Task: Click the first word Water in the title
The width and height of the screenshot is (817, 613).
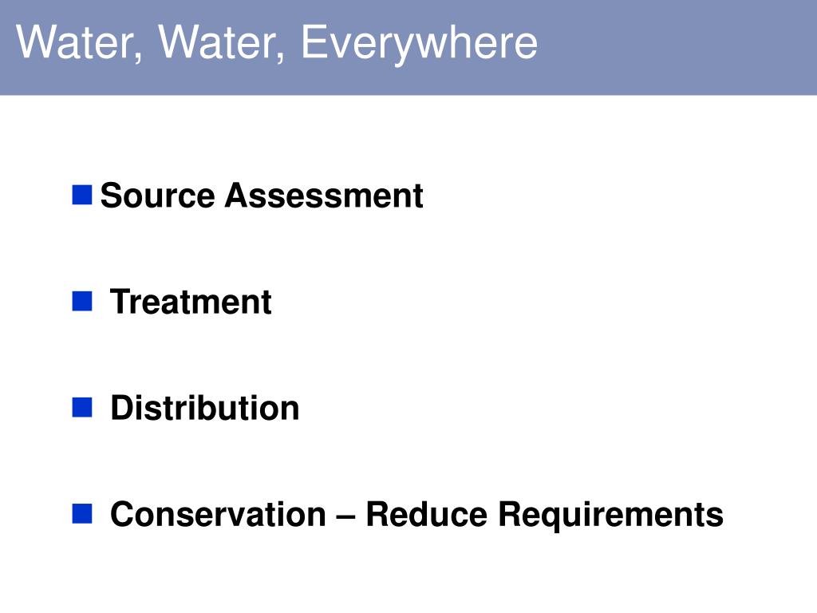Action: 77,43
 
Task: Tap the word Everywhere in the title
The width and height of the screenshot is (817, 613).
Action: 419,43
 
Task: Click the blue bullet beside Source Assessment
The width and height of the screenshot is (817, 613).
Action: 82,194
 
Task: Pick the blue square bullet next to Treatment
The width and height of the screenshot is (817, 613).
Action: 82,301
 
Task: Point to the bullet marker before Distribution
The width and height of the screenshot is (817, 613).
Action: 82,408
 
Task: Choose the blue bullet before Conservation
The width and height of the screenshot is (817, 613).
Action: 82,513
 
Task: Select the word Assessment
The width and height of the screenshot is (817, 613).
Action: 323,196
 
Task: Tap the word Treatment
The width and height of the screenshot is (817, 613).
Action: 191,302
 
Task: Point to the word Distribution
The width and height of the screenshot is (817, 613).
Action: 204,408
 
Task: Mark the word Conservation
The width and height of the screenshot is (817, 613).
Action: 218,514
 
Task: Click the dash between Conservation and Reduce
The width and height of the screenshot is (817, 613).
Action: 345,516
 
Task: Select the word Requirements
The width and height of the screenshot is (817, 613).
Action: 610,516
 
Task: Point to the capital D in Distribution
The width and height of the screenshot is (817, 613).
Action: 120,408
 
